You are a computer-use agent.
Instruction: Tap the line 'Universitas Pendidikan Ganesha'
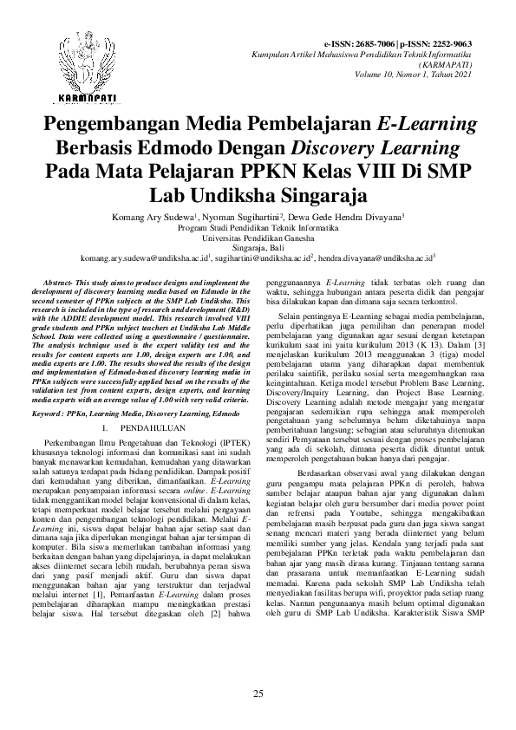click(258, 236)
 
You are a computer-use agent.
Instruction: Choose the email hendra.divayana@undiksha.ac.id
click(376, 258)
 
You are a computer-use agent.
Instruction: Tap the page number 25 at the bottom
click(258, 694)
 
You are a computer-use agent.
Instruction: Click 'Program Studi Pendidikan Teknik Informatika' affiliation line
click(258, 225)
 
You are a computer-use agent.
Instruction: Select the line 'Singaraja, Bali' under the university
click(258, 247)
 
